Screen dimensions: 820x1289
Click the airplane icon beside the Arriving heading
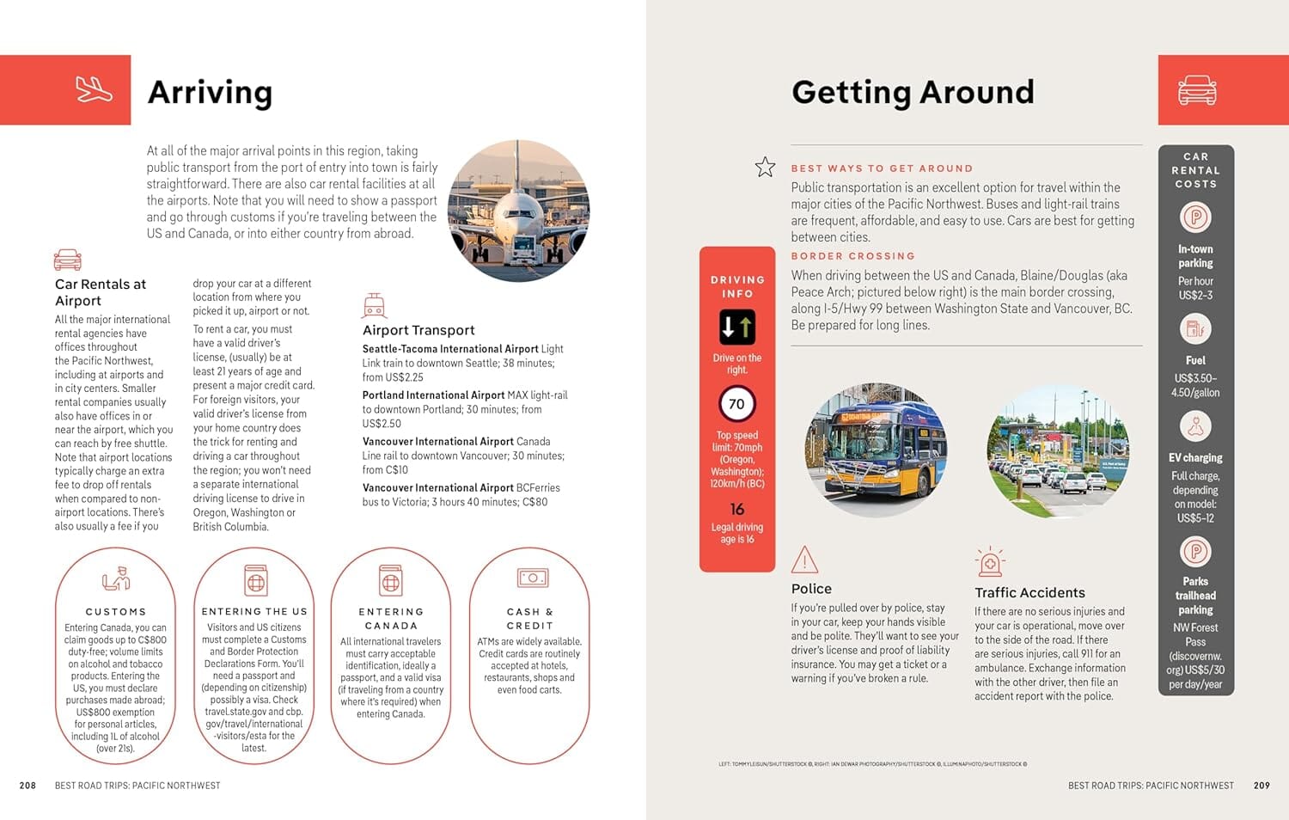(94, 89)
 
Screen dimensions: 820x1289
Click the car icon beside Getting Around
(1196, 89)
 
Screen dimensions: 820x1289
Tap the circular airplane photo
(518, 211)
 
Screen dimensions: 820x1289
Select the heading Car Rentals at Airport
(100, 292)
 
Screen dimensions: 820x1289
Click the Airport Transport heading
(418, 330)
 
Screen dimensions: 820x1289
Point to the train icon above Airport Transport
(374, 306)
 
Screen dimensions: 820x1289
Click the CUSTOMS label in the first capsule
(116, 612)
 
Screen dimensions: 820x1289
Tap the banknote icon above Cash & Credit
(532, 578)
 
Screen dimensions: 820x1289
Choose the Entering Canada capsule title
(391, 619)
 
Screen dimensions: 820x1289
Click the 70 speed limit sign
(736, 404)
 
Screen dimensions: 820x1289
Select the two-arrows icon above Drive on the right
(736, 327)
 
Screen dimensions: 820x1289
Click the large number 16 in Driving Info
(736, 510)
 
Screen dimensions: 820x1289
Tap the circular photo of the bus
(876, 450)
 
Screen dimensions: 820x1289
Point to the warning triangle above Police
(804, 560)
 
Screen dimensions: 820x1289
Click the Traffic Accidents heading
(1029, 592)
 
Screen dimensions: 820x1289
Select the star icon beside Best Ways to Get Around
(765, 167)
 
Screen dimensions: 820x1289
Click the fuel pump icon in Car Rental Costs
(1195, 328)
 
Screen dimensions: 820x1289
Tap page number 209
(1261, 786)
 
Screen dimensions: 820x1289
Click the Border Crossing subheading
(852, 256)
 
